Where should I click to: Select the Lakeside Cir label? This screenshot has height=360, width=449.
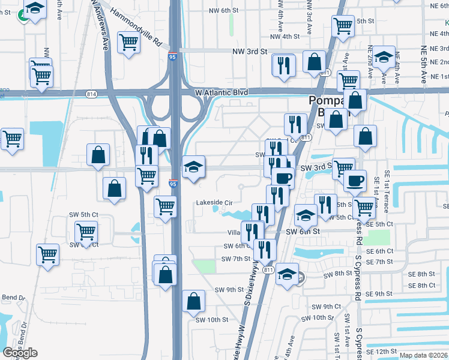(x=214, y=203)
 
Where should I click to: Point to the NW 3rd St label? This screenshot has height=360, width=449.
(x=249, y=52)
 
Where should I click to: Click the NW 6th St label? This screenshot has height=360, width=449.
(x=223, y=10)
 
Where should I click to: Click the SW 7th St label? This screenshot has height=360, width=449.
(x=235, y=259)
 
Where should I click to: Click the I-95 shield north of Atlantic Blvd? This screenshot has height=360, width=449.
(x=173, y=57)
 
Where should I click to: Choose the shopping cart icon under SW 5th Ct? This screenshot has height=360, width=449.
(x=86, y=232)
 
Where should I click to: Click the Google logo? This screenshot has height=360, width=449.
(x=20, y=353)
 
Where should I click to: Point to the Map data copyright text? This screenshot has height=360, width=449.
(x=423, y=355)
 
